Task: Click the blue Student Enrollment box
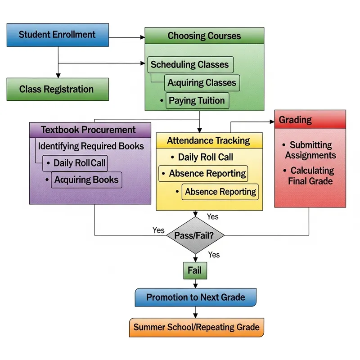coord(57,35)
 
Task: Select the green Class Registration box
coord(57,89)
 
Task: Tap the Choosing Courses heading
coord(204,36)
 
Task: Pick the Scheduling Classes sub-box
coord(190,64)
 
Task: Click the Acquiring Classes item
coord(201,83)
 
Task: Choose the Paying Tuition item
coord(197,100)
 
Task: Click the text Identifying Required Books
coord(91,146)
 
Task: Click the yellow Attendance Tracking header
coord(208,140)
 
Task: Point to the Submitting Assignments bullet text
coord(310,150)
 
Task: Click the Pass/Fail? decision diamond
coord(195,235)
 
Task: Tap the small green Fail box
coord(195,271)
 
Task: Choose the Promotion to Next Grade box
coord(196,297)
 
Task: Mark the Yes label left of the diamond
coord(158,230)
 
